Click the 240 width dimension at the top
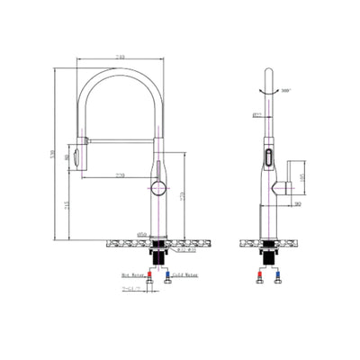pos(120,58)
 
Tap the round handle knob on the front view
pos(157,186)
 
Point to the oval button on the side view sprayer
pos(267,159)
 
